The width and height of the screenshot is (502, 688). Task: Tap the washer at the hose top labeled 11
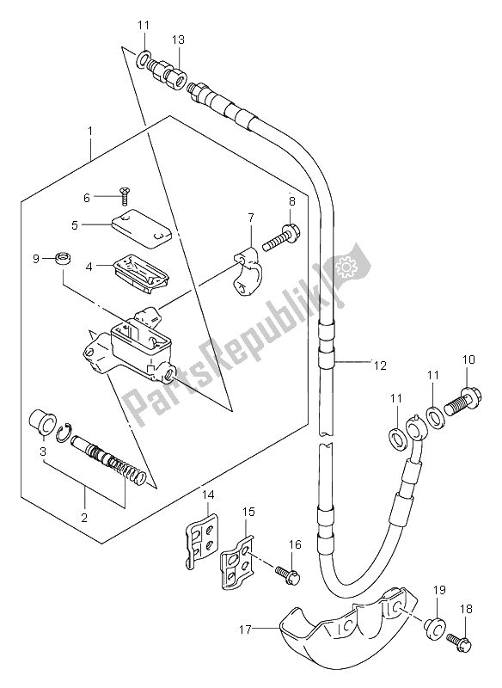point(142,59)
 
